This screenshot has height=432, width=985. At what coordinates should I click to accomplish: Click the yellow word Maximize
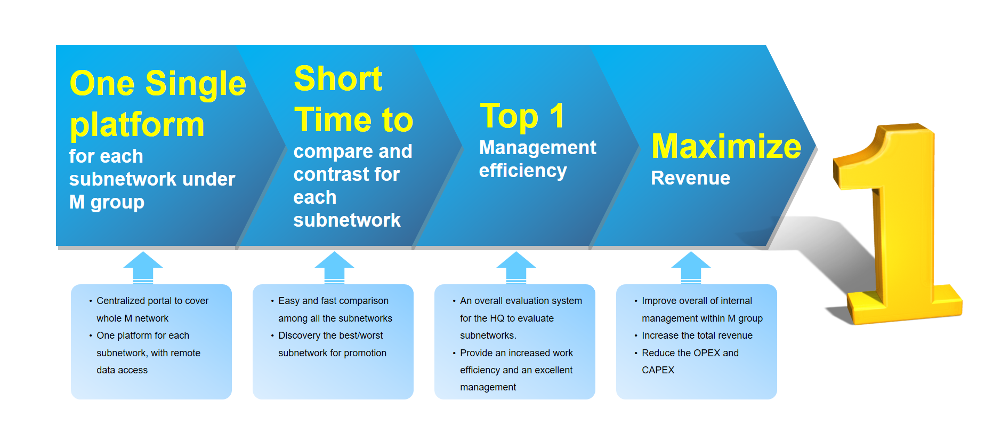tap(726, 146)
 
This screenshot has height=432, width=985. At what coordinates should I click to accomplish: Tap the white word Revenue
tap(691, 178)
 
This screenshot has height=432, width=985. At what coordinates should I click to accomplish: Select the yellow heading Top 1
tap(522, 116)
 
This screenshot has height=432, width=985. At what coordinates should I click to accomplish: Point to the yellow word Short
tap(338, 79)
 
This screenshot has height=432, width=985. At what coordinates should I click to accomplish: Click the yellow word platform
tap(137, 125)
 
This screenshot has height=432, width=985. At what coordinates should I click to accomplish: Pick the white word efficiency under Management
tap(523, 171)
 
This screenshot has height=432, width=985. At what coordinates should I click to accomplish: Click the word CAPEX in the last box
tap(658, 370)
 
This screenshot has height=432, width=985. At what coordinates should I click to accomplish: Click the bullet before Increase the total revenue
tap(636, 335)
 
